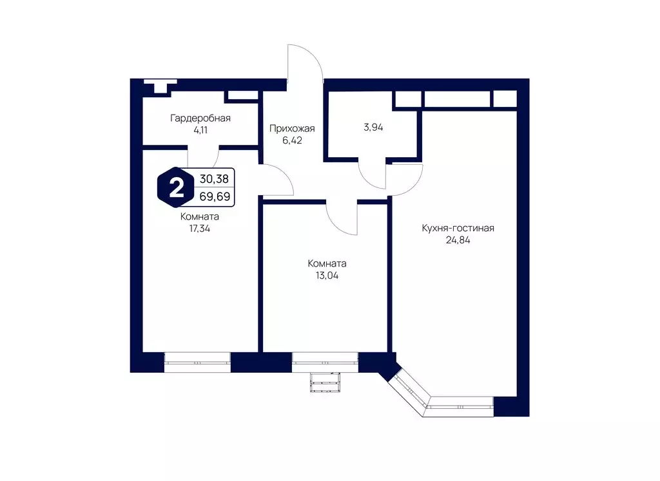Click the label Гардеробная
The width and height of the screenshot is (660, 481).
click(x=200, y=118)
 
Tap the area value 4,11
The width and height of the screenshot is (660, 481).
click(x=200, y=130)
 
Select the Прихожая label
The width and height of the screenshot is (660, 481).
click(x=292, y=129)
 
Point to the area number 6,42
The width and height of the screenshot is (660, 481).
click(x=292, y=140)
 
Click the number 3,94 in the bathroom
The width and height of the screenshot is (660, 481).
click(x=373, y=127)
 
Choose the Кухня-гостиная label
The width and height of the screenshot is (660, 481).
click(x=458, y=229)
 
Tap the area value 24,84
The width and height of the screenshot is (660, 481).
click(x=458, y=241)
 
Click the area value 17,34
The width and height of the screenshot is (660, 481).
click(x=200, y=229)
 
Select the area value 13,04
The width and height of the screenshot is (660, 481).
click(x=327, y=276)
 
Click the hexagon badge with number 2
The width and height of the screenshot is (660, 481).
click(x=176, y=187)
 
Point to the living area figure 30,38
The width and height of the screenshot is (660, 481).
click(x=214, y=179)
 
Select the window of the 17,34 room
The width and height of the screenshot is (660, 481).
click(x=197, y=362)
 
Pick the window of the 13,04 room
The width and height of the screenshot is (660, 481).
click(x=325, y=362)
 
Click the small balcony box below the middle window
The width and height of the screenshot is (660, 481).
click(x=325, y=382)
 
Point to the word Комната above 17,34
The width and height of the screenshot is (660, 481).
click(x=200, y=217)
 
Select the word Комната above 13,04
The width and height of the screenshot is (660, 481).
click(x=327, y=264)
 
